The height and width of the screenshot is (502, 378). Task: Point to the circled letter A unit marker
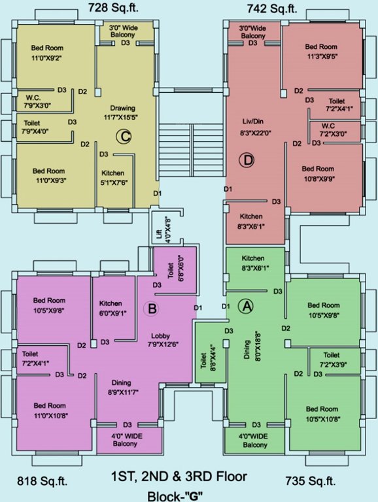point(246,305)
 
